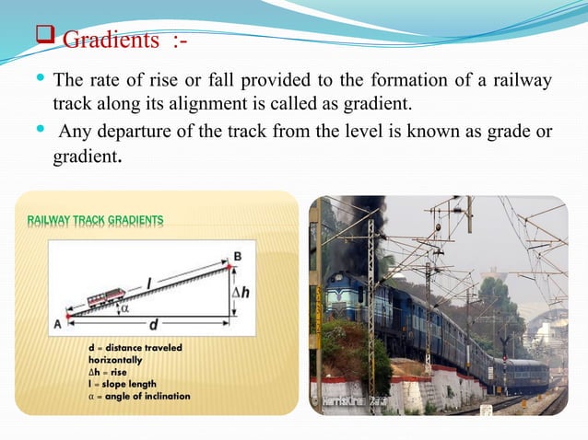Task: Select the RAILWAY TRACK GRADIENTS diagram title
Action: tap(96, 220)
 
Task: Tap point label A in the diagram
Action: tap(57, 322)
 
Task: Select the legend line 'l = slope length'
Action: tap(116, 384)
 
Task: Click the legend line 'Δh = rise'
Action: tap(103, 372)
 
